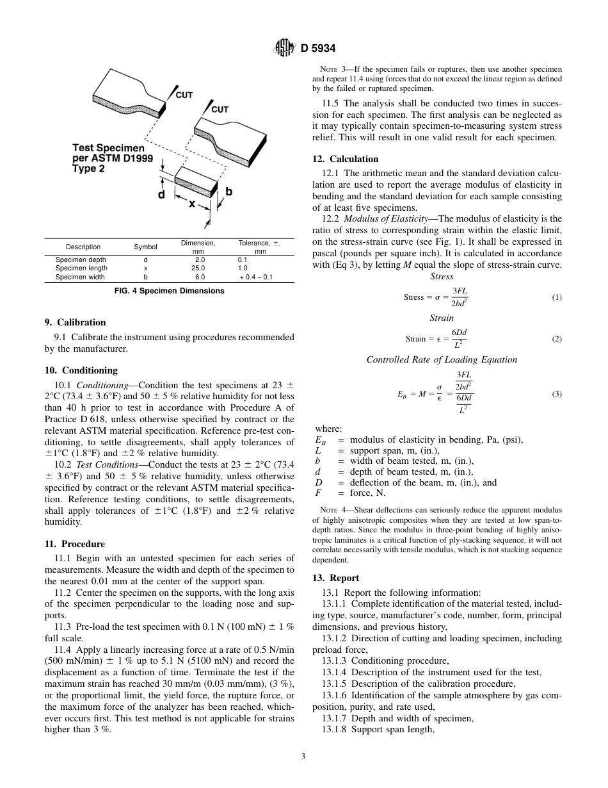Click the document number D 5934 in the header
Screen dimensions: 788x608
(x=317, y=47)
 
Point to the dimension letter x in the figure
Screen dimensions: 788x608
(x=192, y=204)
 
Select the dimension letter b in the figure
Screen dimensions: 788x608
(x=228, y=191)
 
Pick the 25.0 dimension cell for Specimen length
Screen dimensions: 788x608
(x=199, y=268)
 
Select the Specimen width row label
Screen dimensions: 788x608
(x=81, y=277)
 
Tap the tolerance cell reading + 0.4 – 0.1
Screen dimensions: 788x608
(x=256, y=277)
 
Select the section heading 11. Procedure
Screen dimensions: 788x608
(x=75, y=545)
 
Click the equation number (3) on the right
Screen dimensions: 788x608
(x=557, y=394)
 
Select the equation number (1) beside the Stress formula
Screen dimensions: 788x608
(x=557, y=297)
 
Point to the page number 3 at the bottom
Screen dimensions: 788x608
(x=303, y=757)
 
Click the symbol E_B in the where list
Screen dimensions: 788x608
(x=321, y=440)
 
